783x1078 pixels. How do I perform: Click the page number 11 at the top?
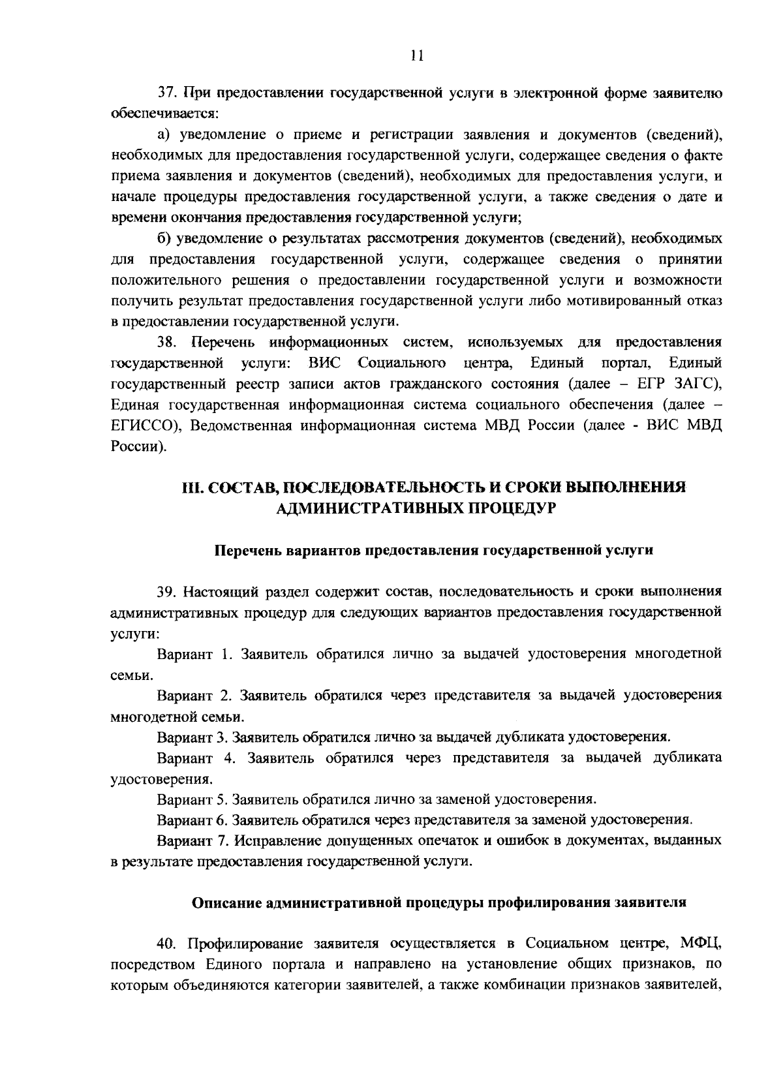click(x=418, y=56)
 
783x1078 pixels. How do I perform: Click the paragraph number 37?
click(x=168, y=93)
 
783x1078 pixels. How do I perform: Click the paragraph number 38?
click(x=168, y=342)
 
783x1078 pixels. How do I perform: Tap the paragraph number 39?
click(x=168, y=592)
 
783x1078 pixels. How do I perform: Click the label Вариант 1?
click(x=194, y=654)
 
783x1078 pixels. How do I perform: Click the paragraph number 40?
click(x=168, y=944)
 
